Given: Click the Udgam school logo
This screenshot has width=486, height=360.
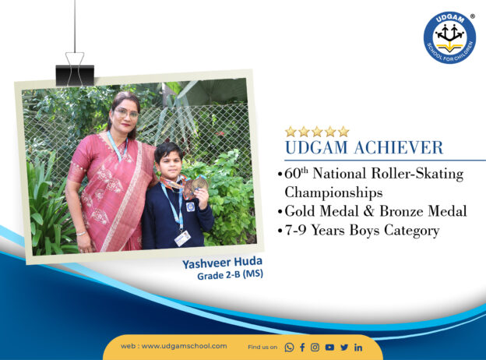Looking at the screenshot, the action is pyautogui.click(x=449, y=38).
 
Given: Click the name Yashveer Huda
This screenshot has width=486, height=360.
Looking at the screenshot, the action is pyautogui.click(x=222, y=263).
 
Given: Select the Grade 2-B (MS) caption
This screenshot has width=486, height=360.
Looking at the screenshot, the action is pyautogui.click(x=230, y=275).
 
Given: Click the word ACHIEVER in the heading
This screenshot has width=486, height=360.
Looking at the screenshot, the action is pyautogui.click(x=399, y=147).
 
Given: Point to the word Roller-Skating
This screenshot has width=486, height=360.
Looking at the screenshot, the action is pyautogui.click(x=417, y=173).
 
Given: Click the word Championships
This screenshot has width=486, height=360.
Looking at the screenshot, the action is pyautogui.click(x=333, y=192).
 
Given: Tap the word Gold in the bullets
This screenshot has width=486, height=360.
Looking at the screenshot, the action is pyautogui.click(x=301, y=211).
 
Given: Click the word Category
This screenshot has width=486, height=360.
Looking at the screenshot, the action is pyautogui.click(x=411, y=231).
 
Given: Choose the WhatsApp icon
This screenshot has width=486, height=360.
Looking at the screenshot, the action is pyautogui.click(x=289, y=348).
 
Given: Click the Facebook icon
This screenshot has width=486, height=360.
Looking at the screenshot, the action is pyautogui.click(x=302, y=348).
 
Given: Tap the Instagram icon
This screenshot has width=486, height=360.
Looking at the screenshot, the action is pyautogui.click(x=315, y=348).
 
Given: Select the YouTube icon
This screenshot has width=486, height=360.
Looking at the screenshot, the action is pyautogui.click(x=329, y=348).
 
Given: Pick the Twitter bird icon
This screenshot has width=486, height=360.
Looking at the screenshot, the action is pyautogui.click(x=344, y=348).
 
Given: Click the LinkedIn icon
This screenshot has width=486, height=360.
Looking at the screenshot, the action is pyautogui.click(x=358, y=348).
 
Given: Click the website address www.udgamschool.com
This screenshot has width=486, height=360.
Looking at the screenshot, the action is pyautogui.click(x=184, y=346).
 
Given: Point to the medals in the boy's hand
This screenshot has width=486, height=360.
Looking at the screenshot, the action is pyautogui.click(x=195, y=187).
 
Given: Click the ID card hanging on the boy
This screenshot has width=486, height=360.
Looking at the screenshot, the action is pyautogui.click(x=182, y=238).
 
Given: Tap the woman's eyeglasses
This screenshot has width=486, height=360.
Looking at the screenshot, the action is pyautogui.click(x=126, y=113).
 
